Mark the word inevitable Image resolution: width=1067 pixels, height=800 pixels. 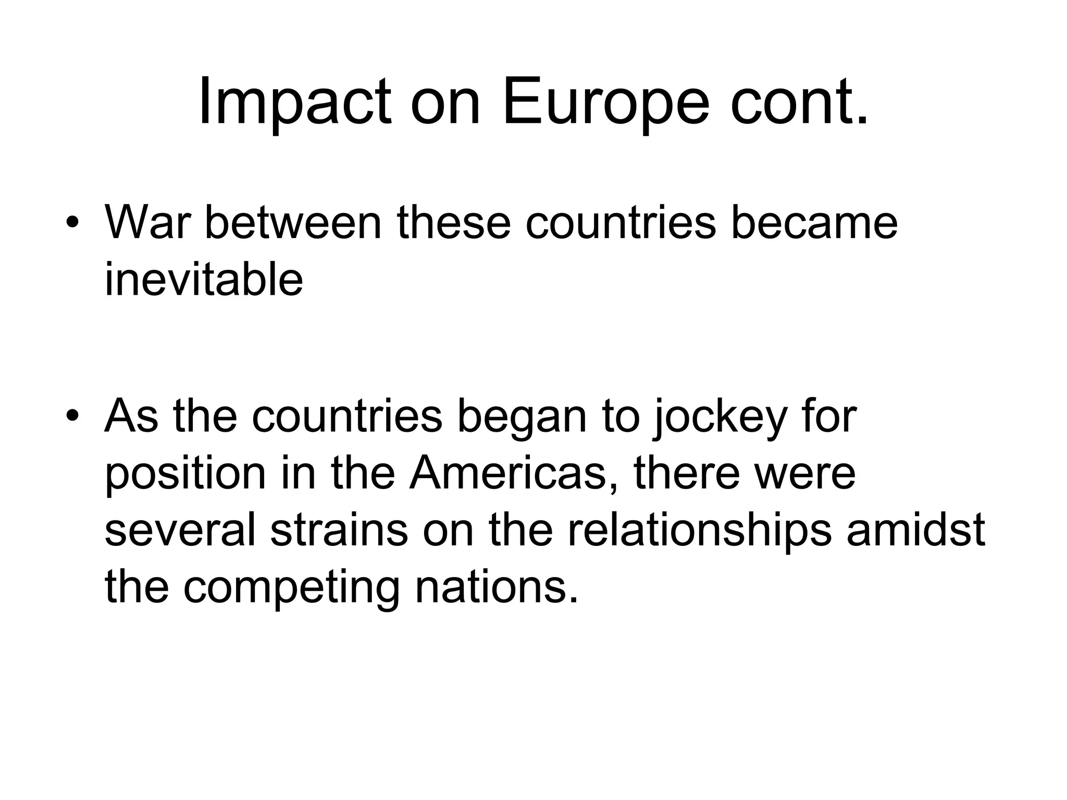[204, 280]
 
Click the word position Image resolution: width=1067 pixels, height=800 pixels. [185, 474]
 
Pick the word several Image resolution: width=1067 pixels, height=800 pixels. [180, 530]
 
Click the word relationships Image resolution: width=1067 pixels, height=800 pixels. [699, 530]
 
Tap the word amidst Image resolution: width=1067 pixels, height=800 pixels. [916, 530]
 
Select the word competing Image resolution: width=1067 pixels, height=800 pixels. [291, 587]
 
